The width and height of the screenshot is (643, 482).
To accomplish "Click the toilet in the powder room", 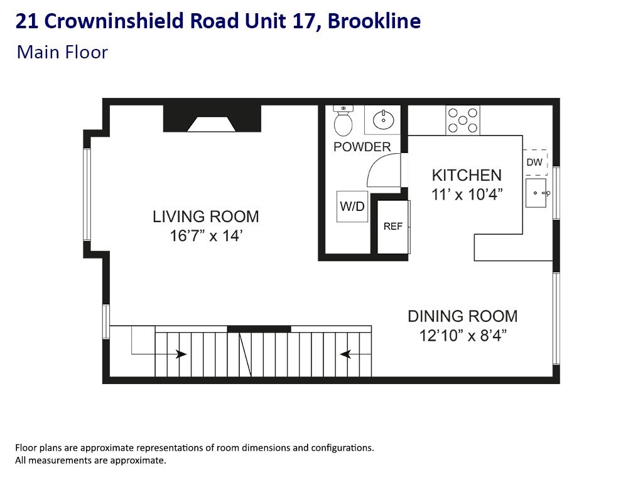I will tap(343, 122).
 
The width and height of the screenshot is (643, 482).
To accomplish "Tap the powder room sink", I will tap(381, 119).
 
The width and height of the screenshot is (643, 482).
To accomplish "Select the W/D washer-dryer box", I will tap(352, 206).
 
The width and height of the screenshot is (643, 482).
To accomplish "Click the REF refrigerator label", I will tap(393, 227).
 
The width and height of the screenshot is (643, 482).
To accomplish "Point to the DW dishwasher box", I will tap(535, 163).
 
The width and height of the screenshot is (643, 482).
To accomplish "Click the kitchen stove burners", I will tap(463, 120).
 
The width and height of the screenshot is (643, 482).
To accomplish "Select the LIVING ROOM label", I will tap(205, 217).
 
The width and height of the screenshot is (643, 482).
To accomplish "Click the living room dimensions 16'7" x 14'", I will tap(205, 236).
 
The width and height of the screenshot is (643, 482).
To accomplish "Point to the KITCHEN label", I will tap(467, 176).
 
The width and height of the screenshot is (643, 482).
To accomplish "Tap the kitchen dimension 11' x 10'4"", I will tap(467, 195).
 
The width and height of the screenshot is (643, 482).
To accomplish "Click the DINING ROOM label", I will tap(463, 316).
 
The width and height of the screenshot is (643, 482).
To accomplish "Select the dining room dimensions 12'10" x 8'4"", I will tap(463, 335).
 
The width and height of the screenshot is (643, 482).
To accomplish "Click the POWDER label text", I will tap(362, 147).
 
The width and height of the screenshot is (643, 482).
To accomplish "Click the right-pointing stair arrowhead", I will tap(182, 354).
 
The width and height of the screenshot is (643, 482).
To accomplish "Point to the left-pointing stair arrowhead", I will tap(345, 354).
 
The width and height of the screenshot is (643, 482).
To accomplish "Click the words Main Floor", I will tap(62, 51).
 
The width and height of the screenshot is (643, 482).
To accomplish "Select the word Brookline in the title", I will tap(374, 21).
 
